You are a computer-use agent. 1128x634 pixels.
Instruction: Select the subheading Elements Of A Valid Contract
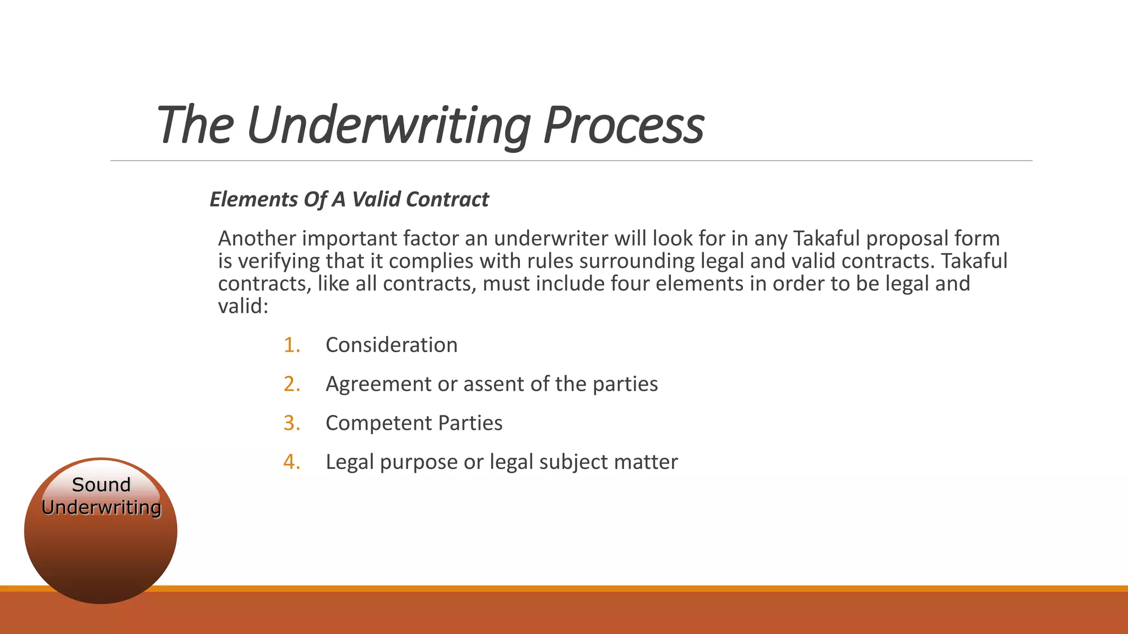pyautogui.click(x=349, y=199)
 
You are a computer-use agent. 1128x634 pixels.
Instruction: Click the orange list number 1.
pyautogui.click(x=291, y=345)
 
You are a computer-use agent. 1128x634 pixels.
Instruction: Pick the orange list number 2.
pyautogui.click(x=292, y=384)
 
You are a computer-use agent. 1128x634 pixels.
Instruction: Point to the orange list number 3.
pyautogui.click(x=292, y=423)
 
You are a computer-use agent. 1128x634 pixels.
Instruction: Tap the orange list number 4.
pyautogui.click(x=292, y=462)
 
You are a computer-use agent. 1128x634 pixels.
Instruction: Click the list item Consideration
pyautogui.click(x=392, y=345)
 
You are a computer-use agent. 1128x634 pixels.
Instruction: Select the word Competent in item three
pyautogui.click(x=379, y=423)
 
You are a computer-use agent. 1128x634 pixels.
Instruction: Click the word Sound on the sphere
pyautogui.click(x=101, y=485)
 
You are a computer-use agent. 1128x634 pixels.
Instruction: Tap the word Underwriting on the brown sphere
pyautogui.click(x=101, y=507)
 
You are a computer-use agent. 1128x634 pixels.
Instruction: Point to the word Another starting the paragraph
pyautogui.click(x=257, y=239)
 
